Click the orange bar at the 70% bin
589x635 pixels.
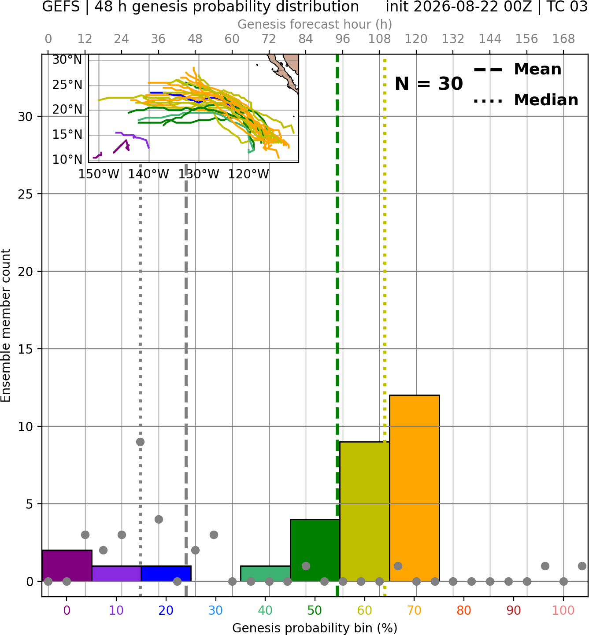pos(414,488)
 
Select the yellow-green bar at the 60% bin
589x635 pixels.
pos(365,511)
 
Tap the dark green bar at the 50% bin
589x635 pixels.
pos(315,550)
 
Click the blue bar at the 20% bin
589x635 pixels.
pos(166,573)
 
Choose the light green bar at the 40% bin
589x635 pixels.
pos(266,573)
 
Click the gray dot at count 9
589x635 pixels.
pos(140,442)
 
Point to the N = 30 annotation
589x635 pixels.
pos(429,84)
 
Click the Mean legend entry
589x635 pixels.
pos(517,70)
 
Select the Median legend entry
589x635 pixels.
pos(526,100)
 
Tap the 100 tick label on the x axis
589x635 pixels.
pos(563,610)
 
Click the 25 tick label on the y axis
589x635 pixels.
pos(26,194)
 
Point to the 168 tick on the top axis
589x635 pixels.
pos(563,39)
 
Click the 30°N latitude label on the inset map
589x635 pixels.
pos(67,60)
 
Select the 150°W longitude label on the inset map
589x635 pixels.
pos(99,174)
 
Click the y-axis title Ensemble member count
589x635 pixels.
pos(6,325)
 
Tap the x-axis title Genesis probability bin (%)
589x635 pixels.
pos(315,628)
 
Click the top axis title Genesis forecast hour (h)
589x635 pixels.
pos(315,24)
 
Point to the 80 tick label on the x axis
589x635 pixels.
pos(464,610)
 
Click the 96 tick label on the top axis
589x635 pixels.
pos(343,39)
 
